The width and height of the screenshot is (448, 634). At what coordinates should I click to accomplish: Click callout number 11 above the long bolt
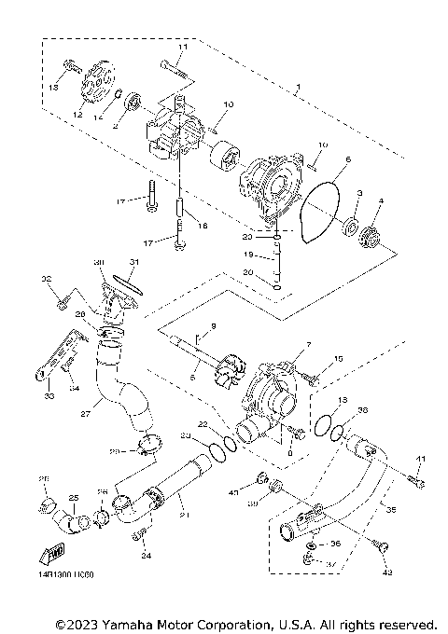pos(182,47)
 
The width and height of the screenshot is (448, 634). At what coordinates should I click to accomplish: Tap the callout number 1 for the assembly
pos(298,90)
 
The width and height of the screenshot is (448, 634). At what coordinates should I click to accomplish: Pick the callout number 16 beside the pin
pos(203,225)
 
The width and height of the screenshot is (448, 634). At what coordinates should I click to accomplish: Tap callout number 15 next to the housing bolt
pos(339,358)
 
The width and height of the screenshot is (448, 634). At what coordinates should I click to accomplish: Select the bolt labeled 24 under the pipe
pos(142,535)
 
